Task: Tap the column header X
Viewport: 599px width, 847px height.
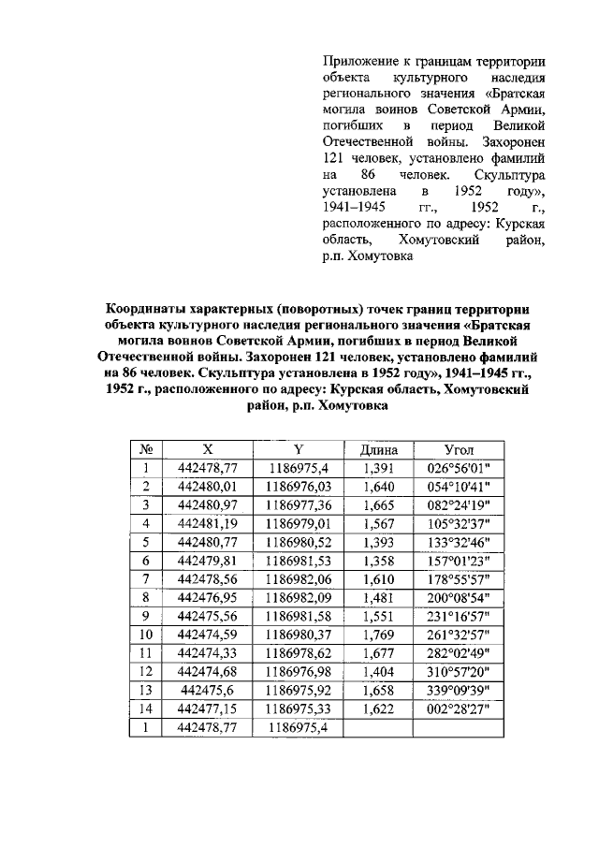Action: pyautogui.click(x=207, y=449)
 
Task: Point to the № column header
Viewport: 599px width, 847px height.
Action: pyautogui.click(x=146, y=449)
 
